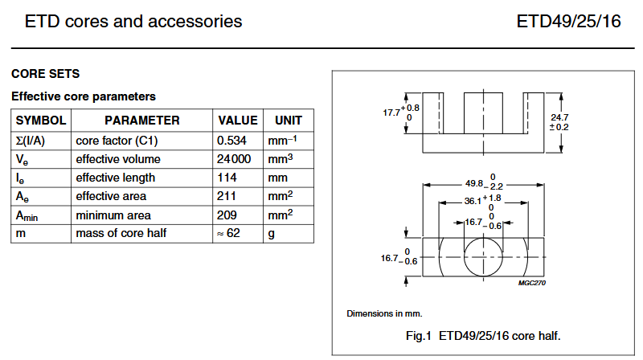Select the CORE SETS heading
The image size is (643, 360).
pyautogui.click(x=45, y=74)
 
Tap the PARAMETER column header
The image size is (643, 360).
pyautogui.click(x=142, y=121)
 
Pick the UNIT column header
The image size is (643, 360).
pyautogui.click(x=289, y=121)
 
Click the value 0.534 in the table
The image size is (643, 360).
pyautogui.click(x=234, y=140)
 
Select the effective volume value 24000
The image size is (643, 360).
pyautogui.click(x=235, y=159)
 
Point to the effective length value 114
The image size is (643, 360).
pyautogui.click(x=227, y=178)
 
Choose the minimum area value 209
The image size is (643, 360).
pyautogui.click(x=227, y=215)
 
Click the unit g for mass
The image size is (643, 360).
pyautogui.click(x=272, y=234)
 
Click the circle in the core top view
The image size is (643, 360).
pyautogui.click(x=482, y=257)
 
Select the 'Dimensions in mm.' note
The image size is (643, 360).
pyautogui.click(x=384, y=313)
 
